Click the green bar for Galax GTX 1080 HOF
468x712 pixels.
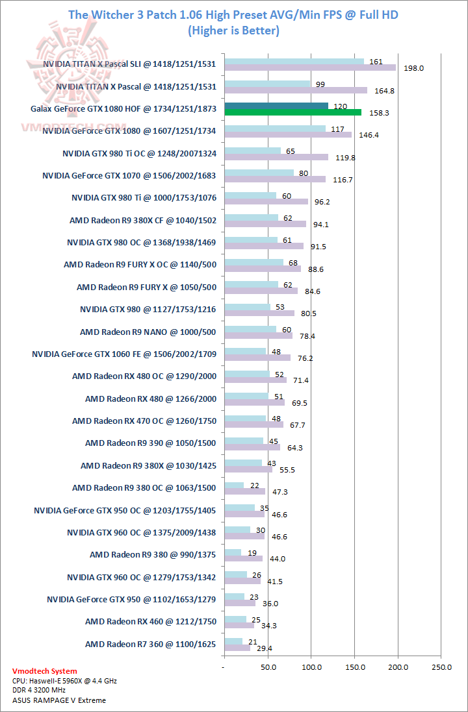point(292,112)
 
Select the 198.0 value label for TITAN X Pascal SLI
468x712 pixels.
point(413,68)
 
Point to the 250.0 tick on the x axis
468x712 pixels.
point(441,667)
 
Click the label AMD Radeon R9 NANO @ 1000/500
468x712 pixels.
point(148,332)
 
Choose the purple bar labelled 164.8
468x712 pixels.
point(295,90)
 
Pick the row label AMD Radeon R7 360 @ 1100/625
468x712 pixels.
point(151,644)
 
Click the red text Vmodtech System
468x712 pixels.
point(44,671)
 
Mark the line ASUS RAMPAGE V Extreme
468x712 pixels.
point(58,700)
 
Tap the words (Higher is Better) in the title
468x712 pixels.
point(233,31)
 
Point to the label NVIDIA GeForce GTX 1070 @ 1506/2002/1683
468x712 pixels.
point(129,175)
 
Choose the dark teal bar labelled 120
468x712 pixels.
point(276,106)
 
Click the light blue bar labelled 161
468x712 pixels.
point(294,62)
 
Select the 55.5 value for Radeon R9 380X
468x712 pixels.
point(281,469)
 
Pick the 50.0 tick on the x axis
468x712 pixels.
point(267,667)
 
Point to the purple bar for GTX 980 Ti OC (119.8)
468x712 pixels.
point(276,157)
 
